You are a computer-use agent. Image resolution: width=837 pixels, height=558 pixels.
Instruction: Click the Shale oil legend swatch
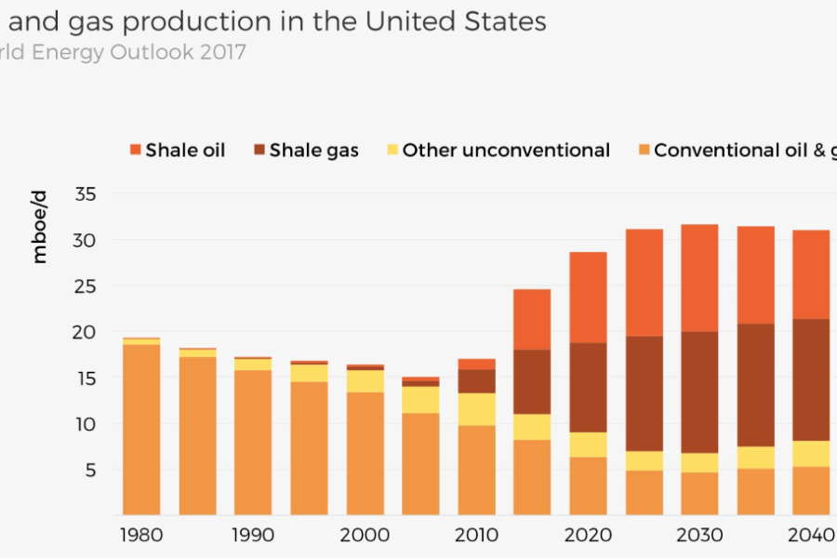(135, 150)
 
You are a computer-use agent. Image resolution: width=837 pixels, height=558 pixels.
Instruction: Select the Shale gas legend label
(313, 150)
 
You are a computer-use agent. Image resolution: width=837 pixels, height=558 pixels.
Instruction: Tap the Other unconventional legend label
(506, 150)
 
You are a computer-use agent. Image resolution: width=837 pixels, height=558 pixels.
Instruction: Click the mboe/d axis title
(39, 225)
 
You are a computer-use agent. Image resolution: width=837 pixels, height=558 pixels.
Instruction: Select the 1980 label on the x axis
(140, 536)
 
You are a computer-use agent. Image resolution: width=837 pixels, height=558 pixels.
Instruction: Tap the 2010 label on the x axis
(476, 536)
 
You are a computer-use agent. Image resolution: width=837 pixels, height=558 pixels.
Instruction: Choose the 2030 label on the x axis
(699, 536)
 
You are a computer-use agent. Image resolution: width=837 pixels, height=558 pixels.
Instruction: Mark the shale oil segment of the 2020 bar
(588, 298)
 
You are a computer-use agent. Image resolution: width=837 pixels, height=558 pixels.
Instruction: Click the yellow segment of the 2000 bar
(365, 381)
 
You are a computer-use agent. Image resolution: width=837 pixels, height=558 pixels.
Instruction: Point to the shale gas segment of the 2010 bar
(476, 381)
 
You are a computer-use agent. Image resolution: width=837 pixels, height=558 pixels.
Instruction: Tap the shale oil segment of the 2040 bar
(811, 274)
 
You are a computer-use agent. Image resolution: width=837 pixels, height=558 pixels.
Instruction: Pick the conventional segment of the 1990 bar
(253, 443)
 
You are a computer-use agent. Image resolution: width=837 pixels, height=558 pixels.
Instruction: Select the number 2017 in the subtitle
(222, 52)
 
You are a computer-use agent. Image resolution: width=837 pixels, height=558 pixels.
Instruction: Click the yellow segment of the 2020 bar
(588, 445)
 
